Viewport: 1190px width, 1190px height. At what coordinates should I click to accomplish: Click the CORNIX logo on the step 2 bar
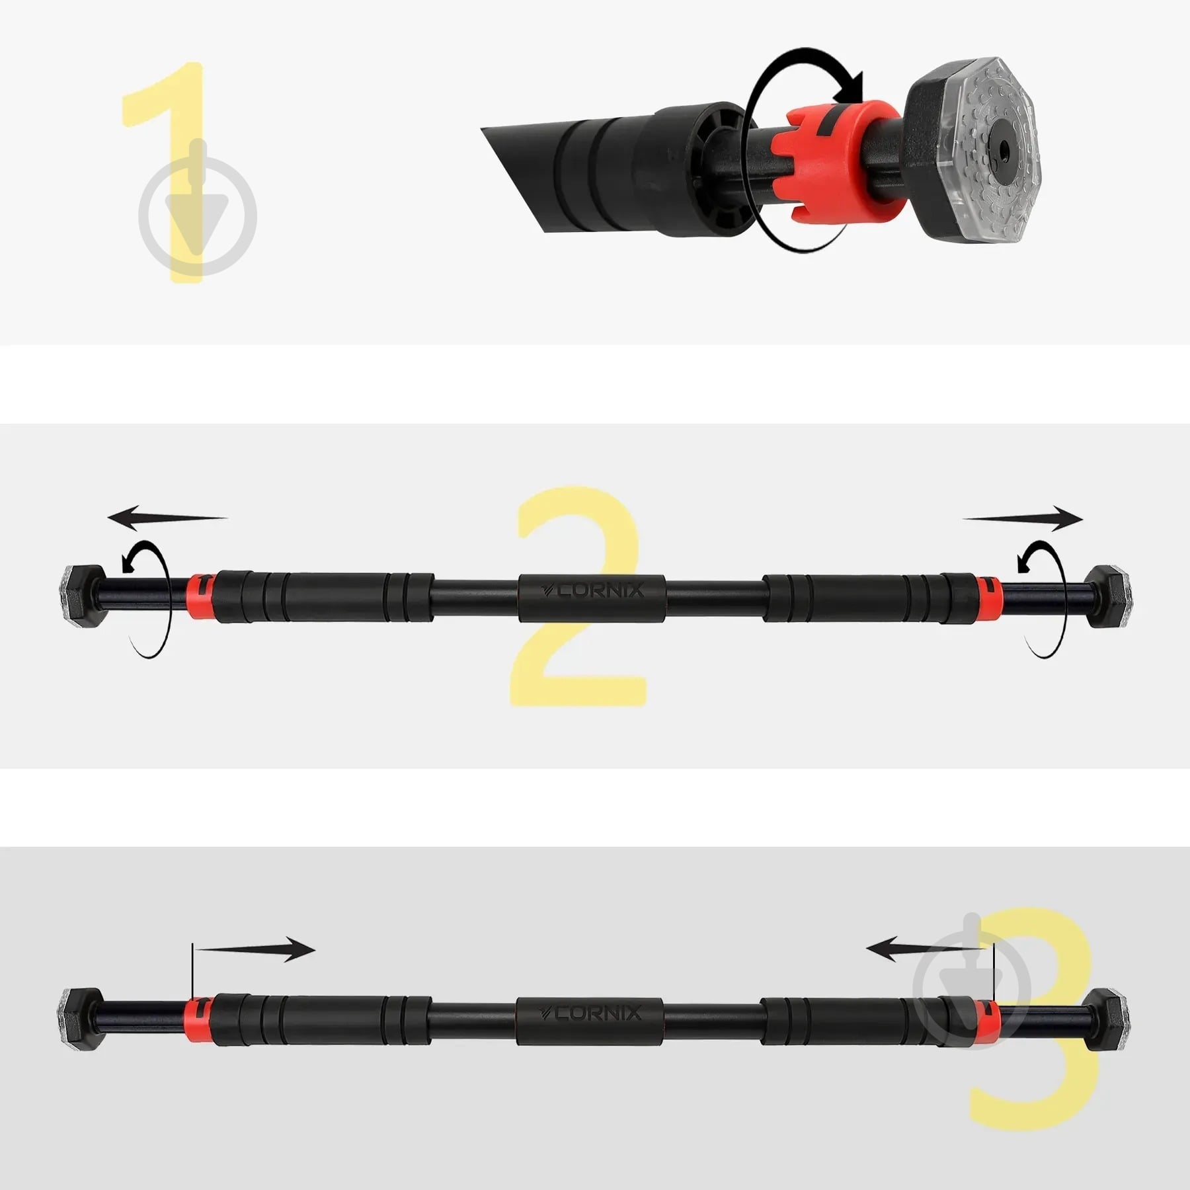[x=592, y=590]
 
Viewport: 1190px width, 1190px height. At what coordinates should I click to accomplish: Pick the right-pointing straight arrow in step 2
[x=1023, y=518]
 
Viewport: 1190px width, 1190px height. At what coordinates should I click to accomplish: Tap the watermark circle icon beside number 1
[x=197, y=215]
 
